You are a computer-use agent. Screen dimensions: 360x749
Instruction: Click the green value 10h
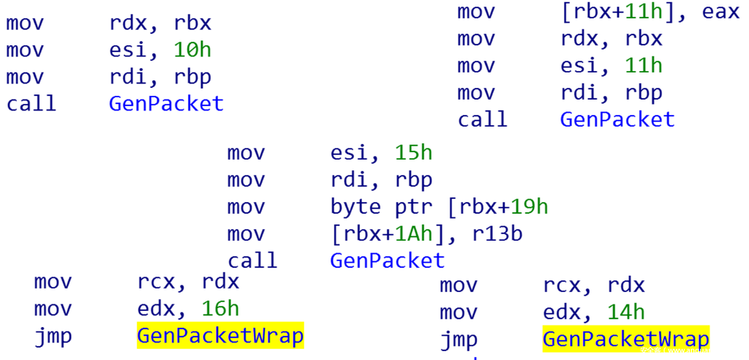(x=192, y=50)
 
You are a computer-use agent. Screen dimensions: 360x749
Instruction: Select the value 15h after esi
(x=413, y=153)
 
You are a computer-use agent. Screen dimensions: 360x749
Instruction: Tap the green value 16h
(x=220, y=309)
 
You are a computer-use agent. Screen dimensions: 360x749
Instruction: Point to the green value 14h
(x=626, y=312)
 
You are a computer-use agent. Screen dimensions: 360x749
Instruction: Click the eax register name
(x=720, y=12)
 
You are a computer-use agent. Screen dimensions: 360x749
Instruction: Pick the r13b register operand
(x=497, y=233)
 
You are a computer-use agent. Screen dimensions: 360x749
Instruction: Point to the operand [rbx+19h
(x=497, y=206)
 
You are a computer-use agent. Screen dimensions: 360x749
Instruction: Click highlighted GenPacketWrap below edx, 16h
(x=220, y=336)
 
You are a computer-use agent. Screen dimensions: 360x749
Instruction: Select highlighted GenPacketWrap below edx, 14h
(x=626, y=340)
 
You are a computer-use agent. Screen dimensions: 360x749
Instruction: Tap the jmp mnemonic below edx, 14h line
(x=459, y=340)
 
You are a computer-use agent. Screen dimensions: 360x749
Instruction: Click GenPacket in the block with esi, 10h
(x=166, y=103)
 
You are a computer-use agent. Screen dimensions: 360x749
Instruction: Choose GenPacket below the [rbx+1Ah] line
(x=388, y=260)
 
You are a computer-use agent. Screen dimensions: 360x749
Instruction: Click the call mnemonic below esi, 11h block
(x=482, y=119)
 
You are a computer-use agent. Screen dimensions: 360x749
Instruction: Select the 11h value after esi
(x=644, y=65)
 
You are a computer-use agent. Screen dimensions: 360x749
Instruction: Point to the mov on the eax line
(x=476, y=12)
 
